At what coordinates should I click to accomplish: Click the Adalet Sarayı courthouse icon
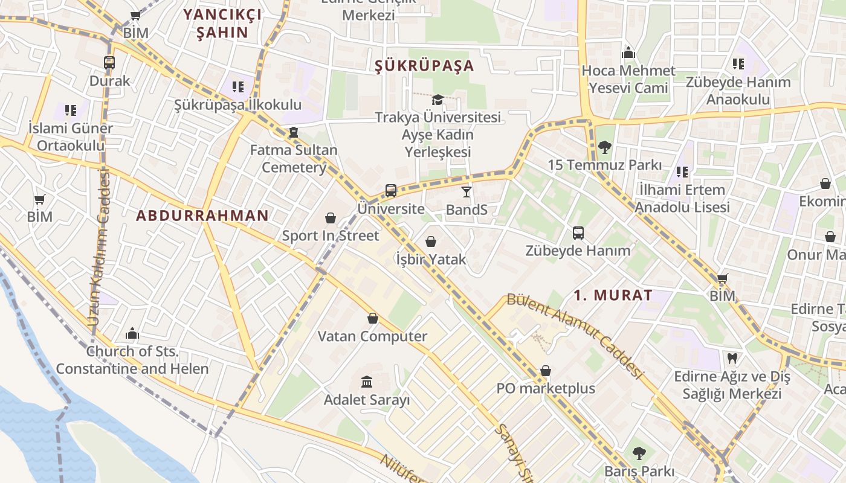(367, 382)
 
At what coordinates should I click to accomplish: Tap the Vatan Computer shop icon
(373, 318)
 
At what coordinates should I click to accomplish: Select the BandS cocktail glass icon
(466, 192)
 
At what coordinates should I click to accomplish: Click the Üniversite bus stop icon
(391, 191)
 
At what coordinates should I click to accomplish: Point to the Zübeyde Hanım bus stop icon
(578, 232)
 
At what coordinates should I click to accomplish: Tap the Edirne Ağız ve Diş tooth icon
(732, 359)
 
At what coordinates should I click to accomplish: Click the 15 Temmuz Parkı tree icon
(604, 147)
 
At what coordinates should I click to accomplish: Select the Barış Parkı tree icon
(639, 453)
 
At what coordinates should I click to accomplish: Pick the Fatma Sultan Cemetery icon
(294, 132)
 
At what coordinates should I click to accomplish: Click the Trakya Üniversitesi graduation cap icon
(438, 100)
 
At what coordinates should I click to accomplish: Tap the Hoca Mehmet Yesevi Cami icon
(628, 53)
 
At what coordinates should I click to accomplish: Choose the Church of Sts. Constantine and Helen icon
(132, 333)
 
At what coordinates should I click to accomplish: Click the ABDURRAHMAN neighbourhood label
(202, 216)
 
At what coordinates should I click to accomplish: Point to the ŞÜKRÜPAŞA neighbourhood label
(424, 66)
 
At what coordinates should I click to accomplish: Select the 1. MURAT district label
(613, 295)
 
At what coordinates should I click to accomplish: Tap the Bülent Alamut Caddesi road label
(573, 334)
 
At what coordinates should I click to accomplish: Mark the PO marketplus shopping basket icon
(546, 370)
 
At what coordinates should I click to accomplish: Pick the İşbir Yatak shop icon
(431, 241)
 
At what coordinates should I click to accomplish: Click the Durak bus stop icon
(109, 63)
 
